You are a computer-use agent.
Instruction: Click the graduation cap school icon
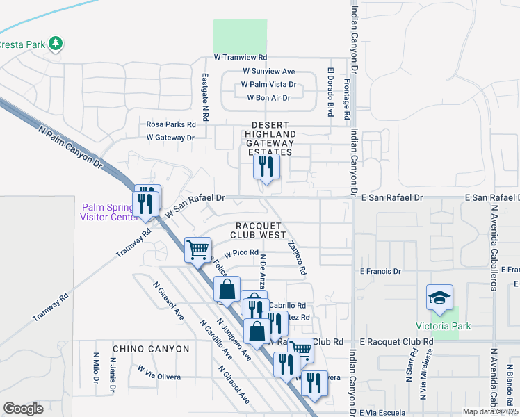[439, 298]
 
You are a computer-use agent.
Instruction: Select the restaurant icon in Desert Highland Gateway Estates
[266, 167]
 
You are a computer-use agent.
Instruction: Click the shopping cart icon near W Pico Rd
[197, 248]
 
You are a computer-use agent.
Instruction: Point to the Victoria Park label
[443, 326]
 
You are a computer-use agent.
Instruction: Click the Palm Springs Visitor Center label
[111, 212]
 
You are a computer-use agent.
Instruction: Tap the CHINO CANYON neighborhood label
[151, 348]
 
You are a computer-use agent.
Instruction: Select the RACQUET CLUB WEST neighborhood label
[261, 231]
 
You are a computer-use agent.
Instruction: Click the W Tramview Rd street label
[240, 57]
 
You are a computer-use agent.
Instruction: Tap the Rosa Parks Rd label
[171, 124]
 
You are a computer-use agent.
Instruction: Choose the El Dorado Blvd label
[331, 92]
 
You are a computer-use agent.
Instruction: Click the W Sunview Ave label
[268, 71]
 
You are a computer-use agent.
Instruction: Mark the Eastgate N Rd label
[205, 97]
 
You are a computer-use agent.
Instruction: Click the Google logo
[24, 409]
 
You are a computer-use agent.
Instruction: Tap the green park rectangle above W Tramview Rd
[240, 35]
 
